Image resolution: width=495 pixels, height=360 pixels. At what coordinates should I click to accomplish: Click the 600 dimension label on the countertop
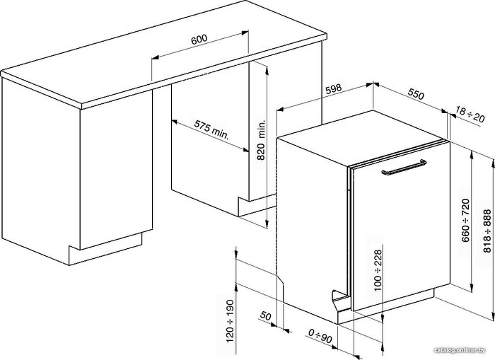[x=199, y=39]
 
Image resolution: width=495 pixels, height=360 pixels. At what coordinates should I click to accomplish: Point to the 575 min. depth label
[x=211, y=130]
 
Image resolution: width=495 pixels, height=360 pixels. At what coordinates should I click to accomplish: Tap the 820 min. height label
[x=262, y=139]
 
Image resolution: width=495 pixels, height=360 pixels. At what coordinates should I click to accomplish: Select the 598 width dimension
[x=334, y=88]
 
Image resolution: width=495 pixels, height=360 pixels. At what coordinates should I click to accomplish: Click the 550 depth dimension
[x=416, y=94]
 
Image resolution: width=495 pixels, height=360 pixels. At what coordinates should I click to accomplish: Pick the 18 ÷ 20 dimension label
[x=470, y=115]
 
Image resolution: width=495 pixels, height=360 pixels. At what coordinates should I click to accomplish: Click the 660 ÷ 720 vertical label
[x=465, y=220]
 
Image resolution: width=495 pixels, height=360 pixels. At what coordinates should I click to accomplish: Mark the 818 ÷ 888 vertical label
[x=487, y=231]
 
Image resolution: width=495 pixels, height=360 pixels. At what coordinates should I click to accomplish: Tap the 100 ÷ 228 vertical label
[x=378, y=270]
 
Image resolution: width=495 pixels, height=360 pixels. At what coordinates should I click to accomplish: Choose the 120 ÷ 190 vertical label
[x=230, y=321]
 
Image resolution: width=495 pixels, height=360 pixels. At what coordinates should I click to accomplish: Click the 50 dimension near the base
[x=266, y=315]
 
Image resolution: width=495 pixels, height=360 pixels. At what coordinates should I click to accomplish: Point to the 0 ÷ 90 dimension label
[x=320, y=336]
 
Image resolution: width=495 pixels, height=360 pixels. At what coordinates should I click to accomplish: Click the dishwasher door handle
[x=404, y=168]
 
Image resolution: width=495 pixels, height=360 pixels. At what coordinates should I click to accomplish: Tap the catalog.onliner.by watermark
[x=460, y=350]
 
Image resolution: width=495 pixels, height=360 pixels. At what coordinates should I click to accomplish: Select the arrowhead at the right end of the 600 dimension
[x=245, y=33]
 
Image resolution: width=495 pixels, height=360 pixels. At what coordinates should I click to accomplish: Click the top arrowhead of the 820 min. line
[x=267, y=71]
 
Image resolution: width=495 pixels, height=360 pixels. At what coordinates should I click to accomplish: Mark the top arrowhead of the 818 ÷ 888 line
[x=493, y=163]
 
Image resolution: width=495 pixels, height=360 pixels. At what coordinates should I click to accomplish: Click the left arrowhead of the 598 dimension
[x=281, y=110]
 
